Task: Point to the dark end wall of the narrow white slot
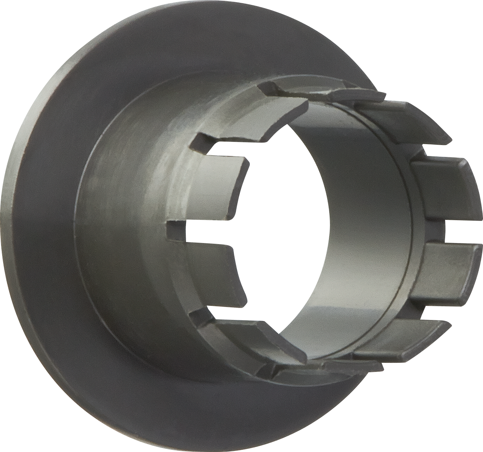coord(172,232)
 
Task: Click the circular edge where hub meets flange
coord(75,225)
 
